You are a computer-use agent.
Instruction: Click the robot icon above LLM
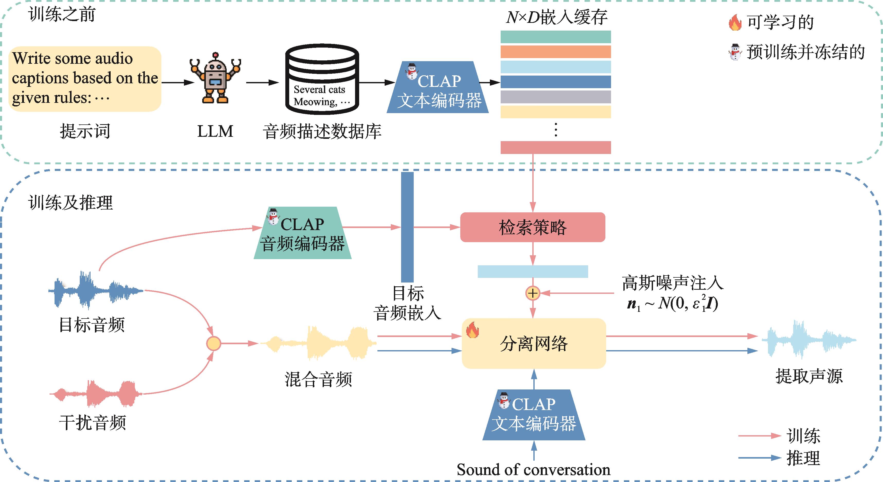pyautogui.click(x=215, y=78)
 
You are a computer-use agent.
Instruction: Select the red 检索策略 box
pyautogui.click(x=533, y=227)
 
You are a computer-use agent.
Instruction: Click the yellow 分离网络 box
pyautogui.click(x=534, y=343)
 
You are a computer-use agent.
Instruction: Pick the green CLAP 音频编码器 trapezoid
pyautogui.click(x=303, y=233)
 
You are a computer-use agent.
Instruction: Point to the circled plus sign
pyautogui.click(x=533, y=293)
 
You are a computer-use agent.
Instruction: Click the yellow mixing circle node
pyautogui.click(x=214, y=343)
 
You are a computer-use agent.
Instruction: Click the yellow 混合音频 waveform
pyautogui.click(x=319, y=343)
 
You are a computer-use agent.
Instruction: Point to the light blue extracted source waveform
pyautogui.click(x=809, y=340)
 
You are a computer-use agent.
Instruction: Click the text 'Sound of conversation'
pyautogui.click(x=533, y=470)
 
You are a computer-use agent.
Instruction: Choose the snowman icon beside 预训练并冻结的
pyautogui.click(x=735, y=52)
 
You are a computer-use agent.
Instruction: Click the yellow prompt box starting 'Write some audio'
pyautogui.click(x=85, y=79)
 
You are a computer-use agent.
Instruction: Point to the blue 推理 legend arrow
pyautogui.click(x=759, y=458)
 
